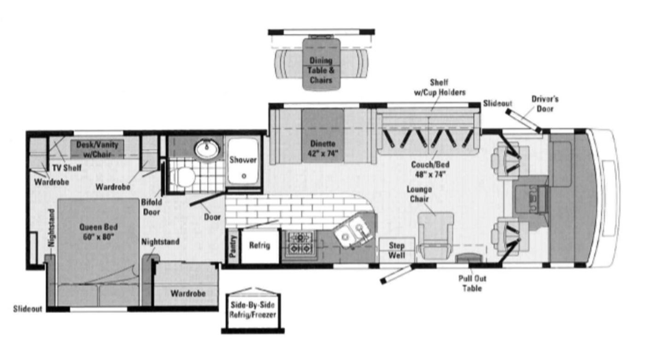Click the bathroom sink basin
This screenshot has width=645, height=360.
(x=207, y=149)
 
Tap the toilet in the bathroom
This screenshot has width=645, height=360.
(x=182, y=177)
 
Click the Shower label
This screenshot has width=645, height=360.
(x=243, y=160)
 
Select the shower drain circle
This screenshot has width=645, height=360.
(x=244, y=175)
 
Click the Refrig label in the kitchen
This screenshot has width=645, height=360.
(x=259, y=245)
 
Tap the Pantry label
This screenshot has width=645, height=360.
(x=233, y=246)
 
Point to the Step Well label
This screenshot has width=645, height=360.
(x=397, y=250)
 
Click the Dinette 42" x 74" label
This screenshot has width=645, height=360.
(x=322, y=149)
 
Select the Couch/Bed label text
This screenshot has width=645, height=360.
(x=430, y=165)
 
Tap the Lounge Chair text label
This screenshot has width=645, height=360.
(x=419, y=194)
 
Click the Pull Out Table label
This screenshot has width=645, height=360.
(x=472, y=283)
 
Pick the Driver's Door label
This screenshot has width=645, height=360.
(x=545, y=104)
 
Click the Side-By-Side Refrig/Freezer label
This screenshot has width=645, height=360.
(x=252, y=310)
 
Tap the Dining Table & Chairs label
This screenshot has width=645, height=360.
(x=321, y=70)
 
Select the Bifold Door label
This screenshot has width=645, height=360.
(x=152, y=207)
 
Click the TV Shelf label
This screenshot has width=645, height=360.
(x=67, y=168)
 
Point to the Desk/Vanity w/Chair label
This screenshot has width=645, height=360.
(x=97, y=149)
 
